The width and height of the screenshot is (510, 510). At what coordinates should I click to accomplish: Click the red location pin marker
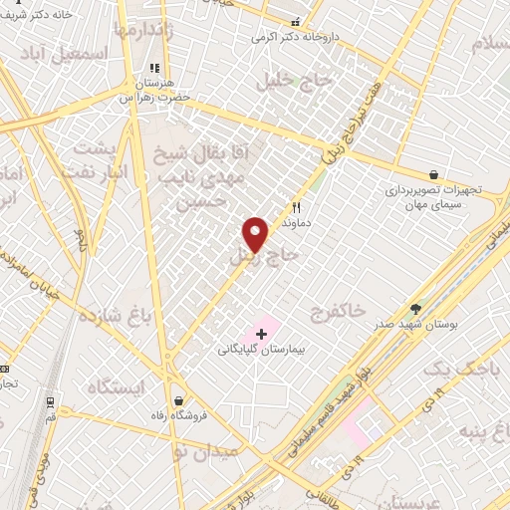(257, 233)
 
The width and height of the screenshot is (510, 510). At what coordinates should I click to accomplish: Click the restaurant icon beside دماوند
(296, 207)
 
